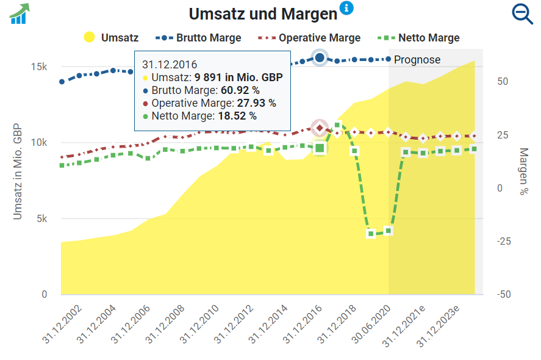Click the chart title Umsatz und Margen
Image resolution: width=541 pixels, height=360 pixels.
[x=262, y=14]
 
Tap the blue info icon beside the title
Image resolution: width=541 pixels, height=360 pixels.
[x=346, y=8]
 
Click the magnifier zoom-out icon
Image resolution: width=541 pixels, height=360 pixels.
[x=523, y=14]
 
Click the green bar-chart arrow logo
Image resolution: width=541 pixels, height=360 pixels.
[x=20, y=14]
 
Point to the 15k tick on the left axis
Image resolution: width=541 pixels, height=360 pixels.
[x=39, y=67]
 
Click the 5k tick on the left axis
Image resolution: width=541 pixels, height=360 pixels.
[x=41, y=218]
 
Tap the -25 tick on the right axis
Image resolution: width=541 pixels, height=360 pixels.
[x=503, y=242]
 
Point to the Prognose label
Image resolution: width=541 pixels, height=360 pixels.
[x=417, y=60]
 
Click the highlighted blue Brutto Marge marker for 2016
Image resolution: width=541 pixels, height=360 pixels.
[x=320, y=57]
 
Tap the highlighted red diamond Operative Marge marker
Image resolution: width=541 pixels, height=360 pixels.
[x=320, y=128]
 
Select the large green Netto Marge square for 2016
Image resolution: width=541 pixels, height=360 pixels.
[x=320, y=148]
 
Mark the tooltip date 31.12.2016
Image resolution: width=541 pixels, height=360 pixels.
[x=170, y=64]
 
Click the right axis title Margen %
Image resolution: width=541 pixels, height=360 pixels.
[x=523, y=171]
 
